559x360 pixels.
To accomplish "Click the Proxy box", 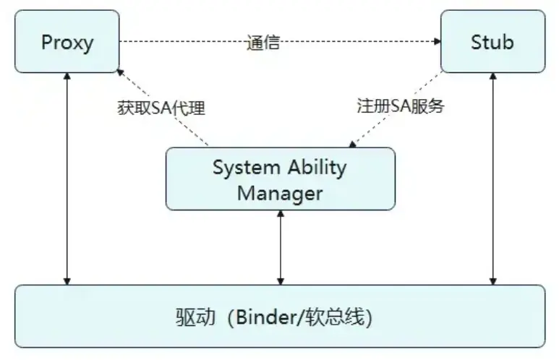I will coord(67,41).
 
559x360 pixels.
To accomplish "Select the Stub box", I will coord(492,41).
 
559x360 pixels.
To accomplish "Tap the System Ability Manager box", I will coord(281,179).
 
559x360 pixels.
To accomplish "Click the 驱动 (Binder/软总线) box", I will coord(280,317).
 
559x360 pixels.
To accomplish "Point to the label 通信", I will coord(263,42).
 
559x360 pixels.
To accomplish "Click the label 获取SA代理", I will coord(161,108).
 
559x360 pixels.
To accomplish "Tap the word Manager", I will coord(280,193).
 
